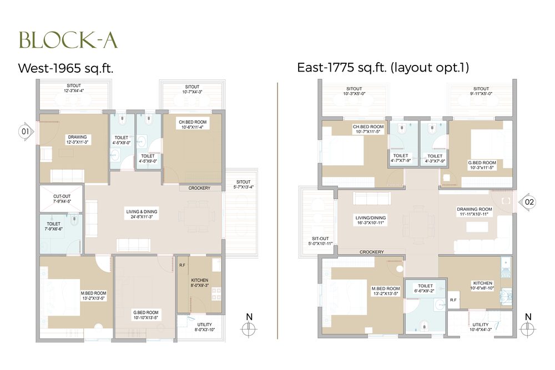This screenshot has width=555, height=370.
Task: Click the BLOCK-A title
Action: (x=68, y=40)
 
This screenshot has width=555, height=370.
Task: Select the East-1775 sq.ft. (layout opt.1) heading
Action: (x=384, y=68)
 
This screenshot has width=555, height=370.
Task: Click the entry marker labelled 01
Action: (x=25, y=132)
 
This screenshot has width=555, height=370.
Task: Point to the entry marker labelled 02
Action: (x=529, y=202)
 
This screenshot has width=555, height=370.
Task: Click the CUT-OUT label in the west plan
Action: (x=62, y=199)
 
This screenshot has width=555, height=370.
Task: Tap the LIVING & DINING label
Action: (x=139, y=214)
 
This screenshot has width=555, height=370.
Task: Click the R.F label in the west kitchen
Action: (x=181, y=265)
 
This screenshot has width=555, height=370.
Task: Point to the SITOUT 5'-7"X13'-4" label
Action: (x=243, y=185)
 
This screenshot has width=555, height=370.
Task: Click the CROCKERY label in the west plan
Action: (x=199, y=189)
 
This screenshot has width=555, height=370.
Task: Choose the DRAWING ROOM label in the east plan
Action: (x=472, y=211)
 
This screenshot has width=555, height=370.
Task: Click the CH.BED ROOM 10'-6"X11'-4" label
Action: (x=193, y=124)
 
